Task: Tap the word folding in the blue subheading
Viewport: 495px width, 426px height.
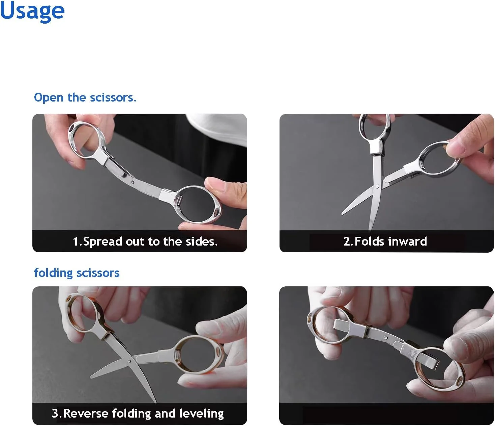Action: point(53,273)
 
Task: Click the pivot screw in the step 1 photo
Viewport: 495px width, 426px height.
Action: point(133,182)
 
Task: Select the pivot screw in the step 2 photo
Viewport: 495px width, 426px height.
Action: point(377,186)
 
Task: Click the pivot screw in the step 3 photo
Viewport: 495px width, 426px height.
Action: point(129,361)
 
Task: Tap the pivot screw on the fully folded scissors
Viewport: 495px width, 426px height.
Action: point(385,338)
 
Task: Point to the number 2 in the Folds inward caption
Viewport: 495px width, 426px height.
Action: point(347,241)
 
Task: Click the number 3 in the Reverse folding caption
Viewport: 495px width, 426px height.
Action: point(55,414)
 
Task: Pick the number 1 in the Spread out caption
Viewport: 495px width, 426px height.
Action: point(76,242)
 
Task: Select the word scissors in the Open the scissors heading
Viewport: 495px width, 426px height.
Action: point(113,98)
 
